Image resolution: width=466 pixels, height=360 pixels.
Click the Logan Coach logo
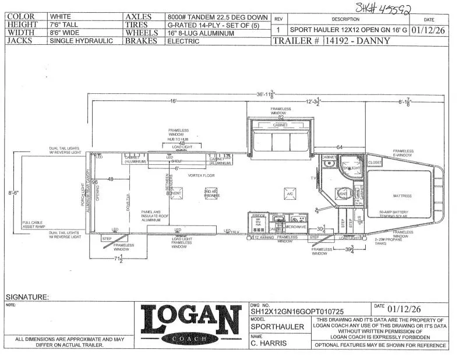190,324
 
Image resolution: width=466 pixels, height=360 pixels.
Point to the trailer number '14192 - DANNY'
365,41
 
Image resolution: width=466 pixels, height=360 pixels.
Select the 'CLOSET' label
375,163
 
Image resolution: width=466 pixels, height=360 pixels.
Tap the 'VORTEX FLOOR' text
202,175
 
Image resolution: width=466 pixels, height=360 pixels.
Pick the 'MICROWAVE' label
295,227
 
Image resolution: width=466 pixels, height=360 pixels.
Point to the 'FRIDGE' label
259,216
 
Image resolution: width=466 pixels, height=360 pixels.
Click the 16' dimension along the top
173,101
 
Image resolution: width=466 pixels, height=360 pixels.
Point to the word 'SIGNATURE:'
27,297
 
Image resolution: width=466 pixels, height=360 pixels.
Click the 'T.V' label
313,178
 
